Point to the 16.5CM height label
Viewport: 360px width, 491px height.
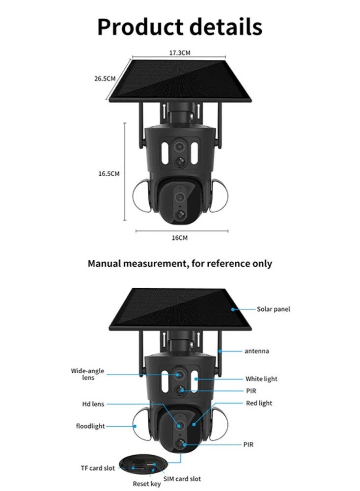(x=109, y=173)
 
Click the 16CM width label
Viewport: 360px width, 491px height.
(x=179, y=238)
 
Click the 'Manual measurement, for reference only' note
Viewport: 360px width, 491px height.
(x=180, y=264)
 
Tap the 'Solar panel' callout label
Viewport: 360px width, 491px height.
(x=273, y=309)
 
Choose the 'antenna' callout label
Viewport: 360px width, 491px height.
(x=256, y=351)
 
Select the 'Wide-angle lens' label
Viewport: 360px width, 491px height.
(x=87, y=374)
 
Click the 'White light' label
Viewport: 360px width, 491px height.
(x=261, y=379)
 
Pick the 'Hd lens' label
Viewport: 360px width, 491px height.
(x=93, y=404)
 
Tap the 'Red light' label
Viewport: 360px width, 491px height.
(x=258, y=403)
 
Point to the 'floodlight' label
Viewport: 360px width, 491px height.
(x=90, y=426)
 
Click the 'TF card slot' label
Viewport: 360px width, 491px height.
(x=98, y=468)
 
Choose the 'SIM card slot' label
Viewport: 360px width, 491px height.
(x=182, y=479)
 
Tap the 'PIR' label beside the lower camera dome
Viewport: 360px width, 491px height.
(x=249, y=444)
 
